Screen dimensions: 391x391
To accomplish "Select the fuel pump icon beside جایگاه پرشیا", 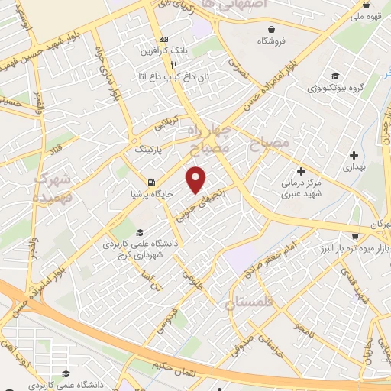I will [152, 183].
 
